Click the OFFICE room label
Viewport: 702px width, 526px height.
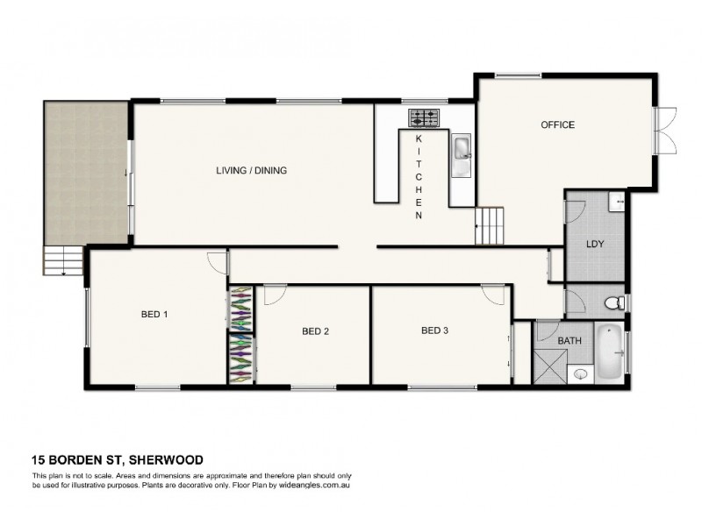coord(557,125)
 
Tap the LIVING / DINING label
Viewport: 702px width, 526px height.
coord(252,171)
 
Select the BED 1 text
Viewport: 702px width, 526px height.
coord(154,314)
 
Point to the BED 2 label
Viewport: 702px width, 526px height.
coord(315,331)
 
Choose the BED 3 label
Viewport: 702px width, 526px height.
coord(434,331)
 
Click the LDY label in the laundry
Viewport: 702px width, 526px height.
coord(595,244)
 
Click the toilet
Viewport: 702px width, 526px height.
coord(615,303)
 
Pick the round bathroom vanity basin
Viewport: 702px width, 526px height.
coord(580,374)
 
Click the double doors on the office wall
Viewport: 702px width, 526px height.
coord(667,129)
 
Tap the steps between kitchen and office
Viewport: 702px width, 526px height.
coord(491,227)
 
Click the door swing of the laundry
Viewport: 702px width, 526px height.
coord(575,210)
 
